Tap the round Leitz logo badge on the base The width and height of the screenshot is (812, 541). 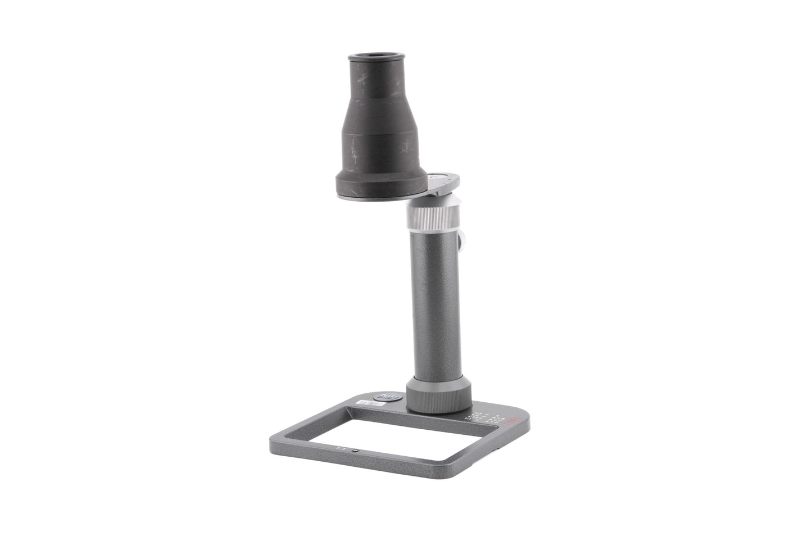[388, 397]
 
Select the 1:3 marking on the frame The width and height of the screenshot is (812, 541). [339, 448]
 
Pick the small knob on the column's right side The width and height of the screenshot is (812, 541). [465, 241]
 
